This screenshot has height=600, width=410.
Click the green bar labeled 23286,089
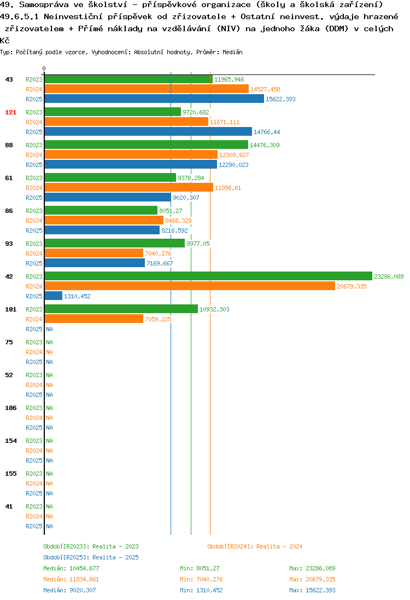pyautogui.click(x=208, y=276)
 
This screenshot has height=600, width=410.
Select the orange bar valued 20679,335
pyautogui.click(x=190, y=286)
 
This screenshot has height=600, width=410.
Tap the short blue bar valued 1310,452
pyautogui.click(x=54, y=296)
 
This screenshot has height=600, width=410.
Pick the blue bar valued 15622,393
pyautogui.click(x=154, y=99)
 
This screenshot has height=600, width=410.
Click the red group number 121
pyautogui.click(x=11, y=112)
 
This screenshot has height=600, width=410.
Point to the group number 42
pyautogui.click(x=9, y=276)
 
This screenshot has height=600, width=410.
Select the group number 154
pyautogui.click(x=11, y=441)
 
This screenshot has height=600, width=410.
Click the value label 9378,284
pyautogui.click(x=191, y=178)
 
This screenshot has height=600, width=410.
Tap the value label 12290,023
pyautogui.click(x=233, y=165)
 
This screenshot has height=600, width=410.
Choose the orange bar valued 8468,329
pyautogui.click(x=104, y=221)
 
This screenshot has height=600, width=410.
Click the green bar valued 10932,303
pyautogui.click(x=121, y=309)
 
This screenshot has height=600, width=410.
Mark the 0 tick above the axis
pyautogui.click(x=44, y=68)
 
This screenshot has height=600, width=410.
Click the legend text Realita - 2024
pyautogui.click(x=279, y=546)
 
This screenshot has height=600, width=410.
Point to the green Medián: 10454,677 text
pyautogui.click(x=71, y=569)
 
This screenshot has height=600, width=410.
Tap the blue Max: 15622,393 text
pyautogui.click(x=312, y=591)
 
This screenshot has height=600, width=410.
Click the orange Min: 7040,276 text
pyautogui.click(x=201, y=579)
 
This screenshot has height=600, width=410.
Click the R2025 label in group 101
pyautogui.click(x=34, y=329)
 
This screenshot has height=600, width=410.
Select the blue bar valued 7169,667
pyautogui.click(x=95, y=263)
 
